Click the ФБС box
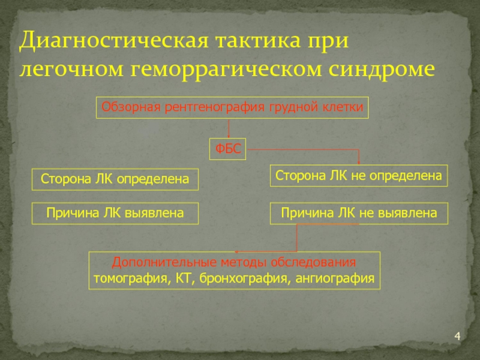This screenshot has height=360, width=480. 228,149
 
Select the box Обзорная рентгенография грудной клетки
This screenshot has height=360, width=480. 232,107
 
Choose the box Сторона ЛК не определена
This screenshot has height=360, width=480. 359,175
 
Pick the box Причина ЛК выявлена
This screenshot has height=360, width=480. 115,212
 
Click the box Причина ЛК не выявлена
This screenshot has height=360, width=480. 359,212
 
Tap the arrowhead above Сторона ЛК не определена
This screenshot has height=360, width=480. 359,161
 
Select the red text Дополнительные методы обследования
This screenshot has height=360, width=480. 234,263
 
